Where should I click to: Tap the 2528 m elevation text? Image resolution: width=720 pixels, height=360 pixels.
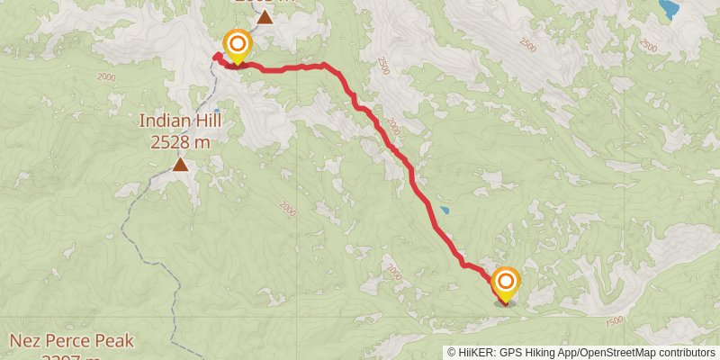(180, 141)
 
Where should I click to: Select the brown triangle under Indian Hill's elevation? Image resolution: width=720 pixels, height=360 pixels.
(181, 164)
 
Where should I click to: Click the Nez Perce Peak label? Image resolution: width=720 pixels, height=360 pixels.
(72, 341)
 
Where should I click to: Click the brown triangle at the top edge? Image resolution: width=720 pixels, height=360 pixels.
(265, 17)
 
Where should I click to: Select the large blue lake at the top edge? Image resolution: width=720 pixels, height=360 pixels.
(668, 9)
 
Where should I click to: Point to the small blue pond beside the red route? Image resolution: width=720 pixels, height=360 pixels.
(444, 211)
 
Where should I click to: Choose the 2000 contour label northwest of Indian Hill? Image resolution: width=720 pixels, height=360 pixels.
(107, 77)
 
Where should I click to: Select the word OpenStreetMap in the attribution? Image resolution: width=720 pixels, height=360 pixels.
(618, 353)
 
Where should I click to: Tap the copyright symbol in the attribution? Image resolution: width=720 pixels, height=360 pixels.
(452, 353)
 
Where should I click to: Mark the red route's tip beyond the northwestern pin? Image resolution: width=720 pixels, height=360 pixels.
(215, 57)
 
